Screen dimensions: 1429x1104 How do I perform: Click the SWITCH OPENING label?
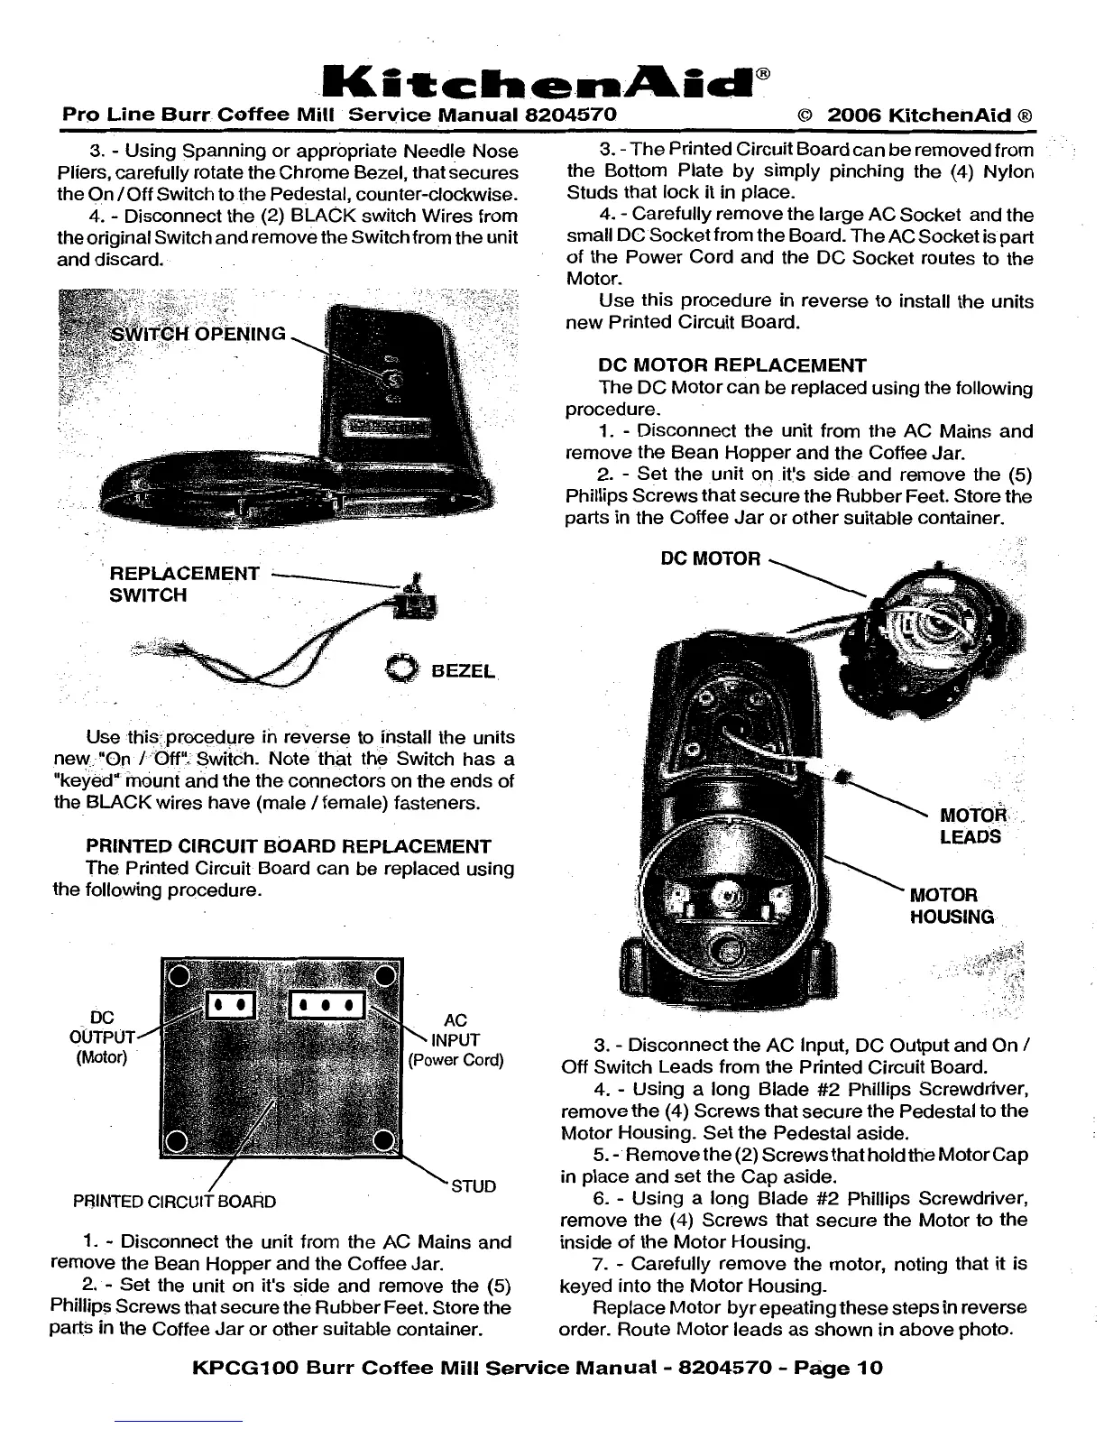(198, 334)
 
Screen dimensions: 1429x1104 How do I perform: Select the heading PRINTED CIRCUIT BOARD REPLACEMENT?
(289, 846)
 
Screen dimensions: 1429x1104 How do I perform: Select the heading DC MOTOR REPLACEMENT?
(731, 365)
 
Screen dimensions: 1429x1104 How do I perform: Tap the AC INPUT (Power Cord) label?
(455, 1039)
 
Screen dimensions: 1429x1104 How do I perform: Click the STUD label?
(473, 1185)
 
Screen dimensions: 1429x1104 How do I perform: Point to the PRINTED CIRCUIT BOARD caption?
(174, 1202)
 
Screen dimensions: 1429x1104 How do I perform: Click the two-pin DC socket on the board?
(234, 1006)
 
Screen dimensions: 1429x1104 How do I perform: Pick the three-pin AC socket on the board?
(325, 1006)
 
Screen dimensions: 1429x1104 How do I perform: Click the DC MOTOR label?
(711, 558)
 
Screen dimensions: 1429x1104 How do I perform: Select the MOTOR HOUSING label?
(952, 906)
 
